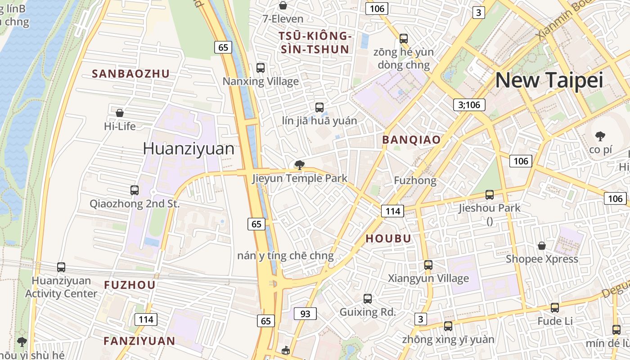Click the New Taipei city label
(549, 80)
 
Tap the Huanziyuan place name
(189, 149)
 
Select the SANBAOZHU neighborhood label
(131, 74)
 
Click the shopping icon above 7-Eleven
(283, 5)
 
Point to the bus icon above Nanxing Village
(261, 68)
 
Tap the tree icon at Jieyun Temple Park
(299, 165)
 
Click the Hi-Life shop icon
(120, 112)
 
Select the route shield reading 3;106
(469, 105)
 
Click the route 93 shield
(305, 314)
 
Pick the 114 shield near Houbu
(392, 211)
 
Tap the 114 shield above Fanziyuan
(146, 319)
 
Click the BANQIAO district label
(411, 140)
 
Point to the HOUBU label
(388, 238)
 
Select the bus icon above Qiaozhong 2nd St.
(135, 190)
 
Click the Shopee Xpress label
(542, 259)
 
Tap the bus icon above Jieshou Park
(490, 195)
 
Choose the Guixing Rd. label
(368, 312)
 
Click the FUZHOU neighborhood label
(130, 285)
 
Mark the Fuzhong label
(415, 180)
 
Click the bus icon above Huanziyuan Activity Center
(61, 267)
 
